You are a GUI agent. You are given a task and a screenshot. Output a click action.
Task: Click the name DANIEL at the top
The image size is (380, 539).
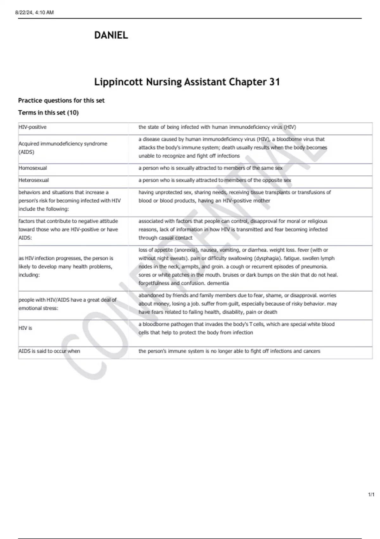[x=111, y=35]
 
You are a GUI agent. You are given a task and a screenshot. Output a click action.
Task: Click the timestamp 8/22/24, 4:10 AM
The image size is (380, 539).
[x=35, y=13]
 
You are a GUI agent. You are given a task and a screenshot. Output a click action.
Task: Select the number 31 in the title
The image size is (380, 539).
[x=275, y=82]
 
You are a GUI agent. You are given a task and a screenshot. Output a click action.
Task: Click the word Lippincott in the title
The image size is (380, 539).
[x=118, y=82]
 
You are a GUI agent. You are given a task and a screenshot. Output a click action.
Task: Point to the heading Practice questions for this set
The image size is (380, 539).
[x=61, y=101]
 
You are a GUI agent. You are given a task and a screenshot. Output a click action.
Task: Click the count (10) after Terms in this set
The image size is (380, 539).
[x=73, y=113]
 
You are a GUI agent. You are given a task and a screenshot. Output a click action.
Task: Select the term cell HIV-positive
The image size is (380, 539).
[x=33, y=127]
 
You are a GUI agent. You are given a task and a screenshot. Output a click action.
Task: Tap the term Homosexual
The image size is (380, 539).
[x=33, y=168]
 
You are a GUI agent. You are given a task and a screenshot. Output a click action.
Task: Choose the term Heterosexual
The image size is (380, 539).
[x=34, y=180]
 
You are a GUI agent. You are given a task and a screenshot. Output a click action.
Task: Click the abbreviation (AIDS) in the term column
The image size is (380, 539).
[x=26, y=152]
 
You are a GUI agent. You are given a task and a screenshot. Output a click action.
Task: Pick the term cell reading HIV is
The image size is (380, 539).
[x=25, y=328]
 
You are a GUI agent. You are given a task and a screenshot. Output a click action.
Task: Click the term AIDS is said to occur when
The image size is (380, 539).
[x=49, y=351]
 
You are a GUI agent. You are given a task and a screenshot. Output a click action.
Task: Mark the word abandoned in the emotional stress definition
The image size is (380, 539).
[x=151, y=295]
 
